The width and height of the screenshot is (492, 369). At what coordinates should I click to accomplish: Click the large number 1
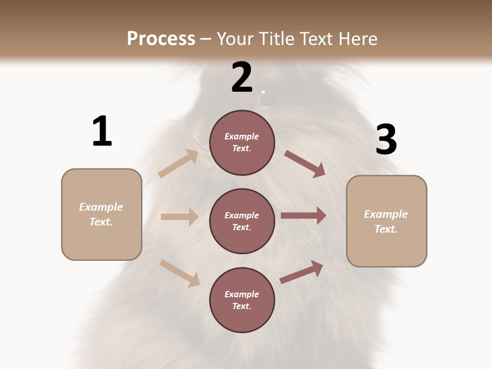click(102, 131)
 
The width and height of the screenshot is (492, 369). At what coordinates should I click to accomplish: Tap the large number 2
click(242, 77)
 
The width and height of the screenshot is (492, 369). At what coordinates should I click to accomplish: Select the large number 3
click(386, 139)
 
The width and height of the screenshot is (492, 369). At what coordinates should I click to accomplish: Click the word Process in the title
click(161, 38)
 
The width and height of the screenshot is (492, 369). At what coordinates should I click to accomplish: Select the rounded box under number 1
click(101, 214)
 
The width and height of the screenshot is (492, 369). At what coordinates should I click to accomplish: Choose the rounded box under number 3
click(386, 221)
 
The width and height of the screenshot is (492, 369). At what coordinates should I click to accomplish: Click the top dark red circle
click(242, 142)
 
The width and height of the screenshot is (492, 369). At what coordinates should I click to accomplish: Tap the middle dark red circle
click(242, 221)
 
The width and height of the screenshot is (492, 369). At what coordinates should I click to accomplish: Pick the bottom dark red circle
click(242, 300)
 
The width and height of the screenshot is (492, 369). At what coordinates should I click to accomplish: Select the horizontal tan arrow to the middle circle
click(179, 217)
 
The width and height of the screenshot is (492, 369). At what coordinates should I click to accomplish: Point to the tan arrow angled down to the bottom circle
click(179, 273)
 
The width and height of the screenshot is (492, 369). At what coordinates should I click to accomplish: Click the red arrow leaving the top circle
click(305, 164)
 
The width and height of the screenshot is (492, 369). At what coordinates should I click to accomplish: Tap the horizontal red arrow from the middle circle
click(303, 216)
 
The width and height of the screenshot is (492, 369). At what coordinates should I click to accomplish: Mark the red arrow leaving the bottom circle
click(301, 272)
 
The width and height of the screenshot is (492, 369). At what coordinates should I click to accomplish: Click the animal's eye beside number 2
click(263, 93)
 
